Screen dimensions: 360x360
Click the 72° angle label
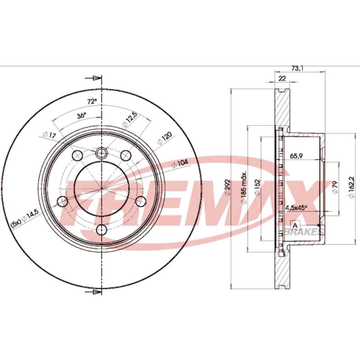tap(92, 101)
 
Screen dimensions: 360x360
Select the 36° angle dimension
tap(81, 115)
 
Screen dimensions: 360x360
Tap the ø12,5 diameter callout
tap(130, 120)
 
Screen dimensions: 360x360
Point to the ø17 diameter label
tap(49, 135)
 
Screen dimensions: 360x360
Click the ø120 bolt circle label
tap(165, 138)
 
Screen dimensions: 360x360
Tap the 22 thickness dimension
tap(282, 78)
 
